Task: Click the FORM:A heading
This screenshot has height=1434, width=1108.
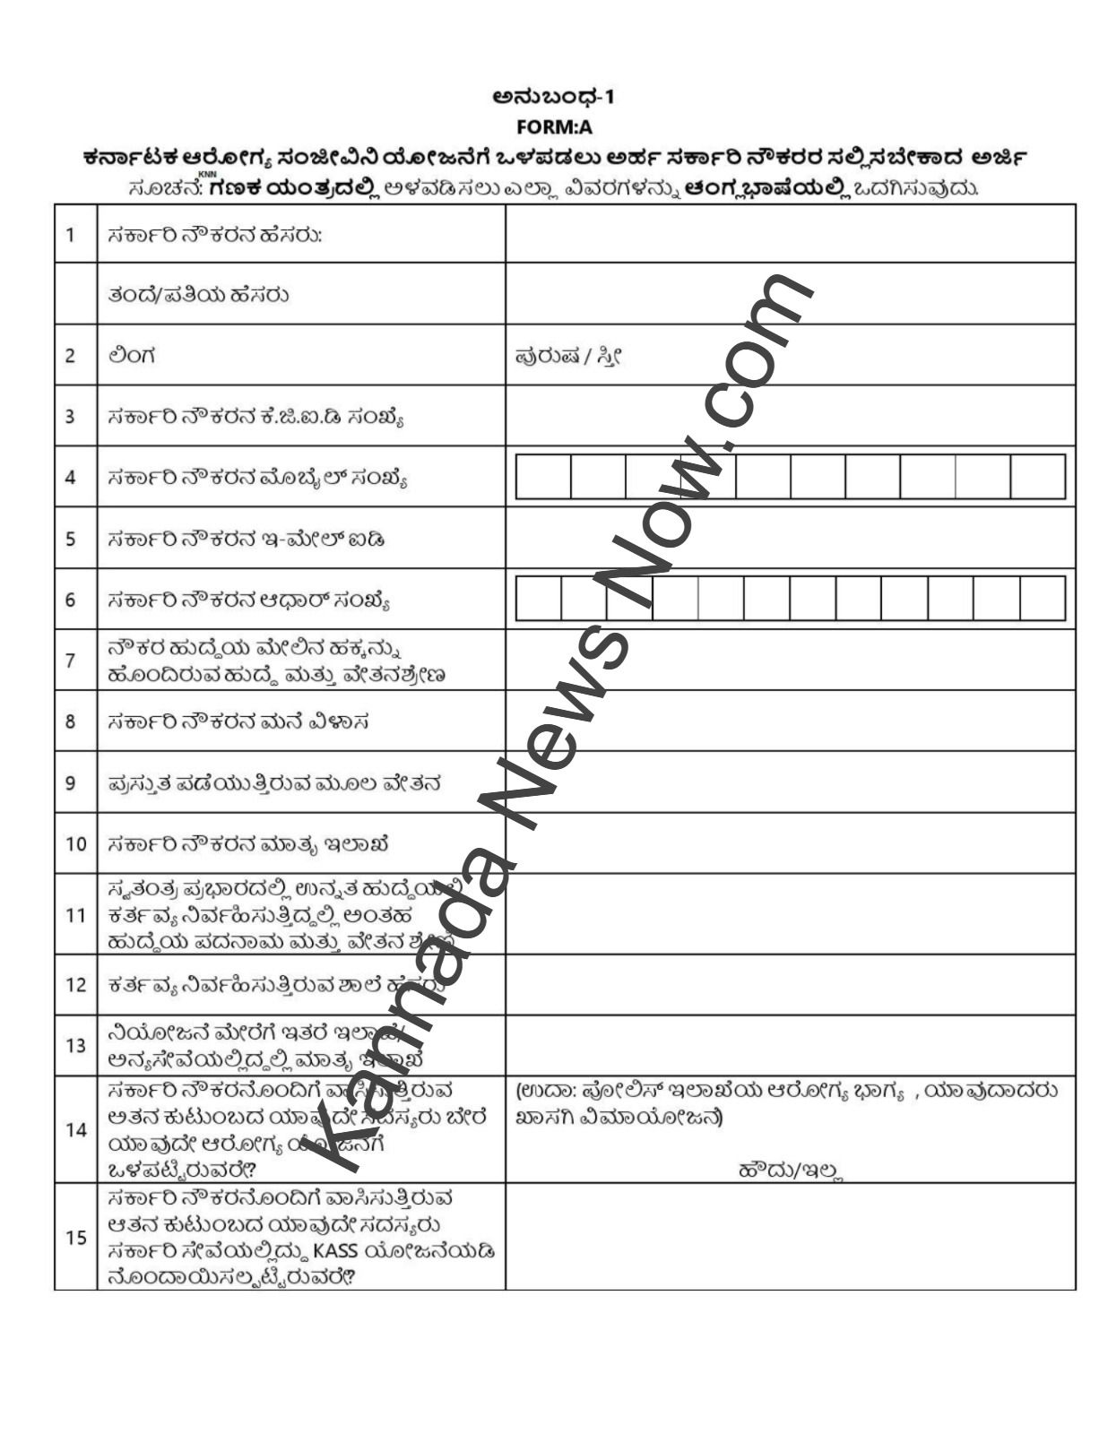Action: click(x=554, y=126)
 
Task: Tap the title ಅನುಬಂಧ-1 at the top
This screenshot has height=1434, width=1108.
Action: click(x=554, y=97)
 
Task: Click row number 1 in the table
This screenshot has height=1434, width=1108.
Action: click(x=71, y=235)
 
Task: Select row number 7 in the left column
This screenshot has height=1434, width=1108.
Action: click(x=71, y=660)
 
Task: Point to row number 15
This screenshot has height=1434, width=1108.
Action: click(x=75, y=1237)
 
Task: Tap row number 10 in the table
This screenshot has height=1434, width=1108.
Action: click(x=74, y=843)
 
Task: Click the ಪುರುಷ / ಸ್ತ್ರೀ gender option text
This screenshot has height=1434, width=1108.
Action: click(x=568, y=356)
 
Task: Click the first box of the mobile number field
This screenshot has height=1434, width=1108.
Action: click(x=543, y=477)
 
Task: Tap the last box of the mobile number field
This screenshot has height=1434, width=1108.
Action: click(x=1038, y=477)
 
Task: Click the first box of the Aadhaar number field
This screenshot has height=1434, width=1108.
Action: click(x=538, y=599)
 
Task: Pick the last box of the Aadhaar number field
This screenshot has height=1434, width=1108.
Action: click(x=1043, y=599)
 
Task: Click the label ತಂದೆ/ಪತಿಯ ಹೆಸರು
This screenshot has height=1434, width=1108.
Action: click(x=197, y=295)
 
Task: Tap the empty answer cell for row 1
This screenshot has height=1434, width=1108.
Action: click(x=789, y=235)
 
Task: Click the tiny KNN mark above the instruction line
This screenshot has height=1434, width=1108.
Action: click(x=207, y=174)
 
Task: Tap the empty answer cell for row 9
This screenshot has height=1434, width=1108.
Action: click(x=789, y=782)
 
